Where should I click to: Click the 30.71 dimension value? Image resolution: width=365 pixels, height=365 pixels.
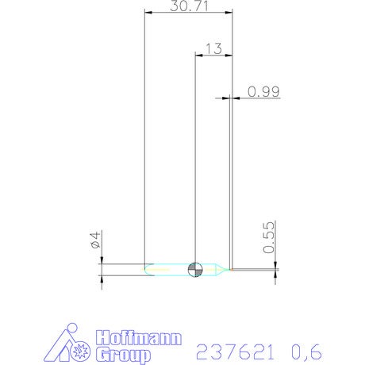[189, 6]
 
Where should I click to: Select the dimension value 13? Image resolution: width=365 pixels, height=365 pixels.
[213, 49]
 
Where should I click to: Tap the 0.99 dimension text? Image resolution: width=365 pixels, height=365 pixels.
[263, 91]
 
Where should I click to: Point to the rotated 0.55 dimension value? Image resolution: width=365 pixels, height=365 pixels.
[269, 237]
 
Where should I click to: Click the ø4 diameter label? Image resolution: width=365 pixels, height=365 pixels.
[95, 240]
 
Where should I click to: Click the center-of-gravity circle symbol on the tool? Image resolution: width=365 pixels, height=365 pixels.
[195, 270]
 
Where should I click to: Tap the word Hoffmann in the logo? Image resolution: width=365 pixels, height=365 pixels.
[139, 337]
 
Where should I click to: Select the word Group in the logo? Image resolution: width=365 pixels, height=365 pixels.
[123, 355]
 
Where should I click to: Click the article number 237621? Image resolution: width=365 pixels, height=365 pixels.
[235, 352]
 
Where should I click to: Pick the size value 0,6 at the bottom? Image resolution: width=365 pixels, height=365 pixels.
[306, 352]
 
